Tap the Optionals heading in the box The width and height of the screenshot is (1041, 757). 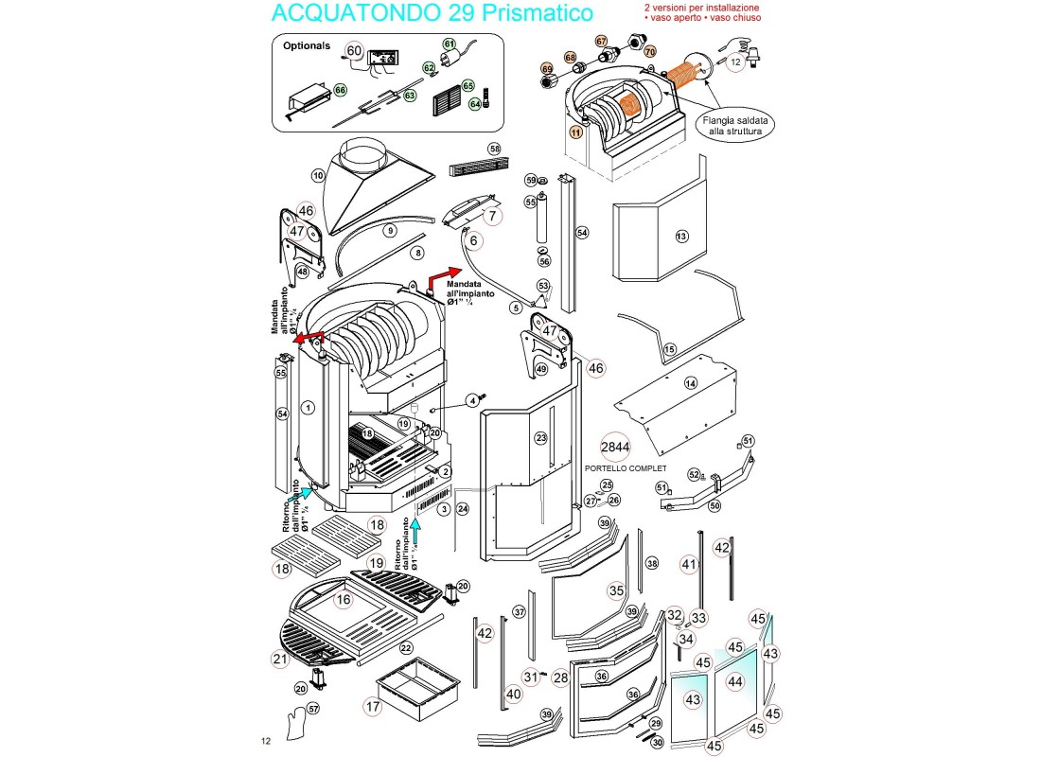(x=307, y=45)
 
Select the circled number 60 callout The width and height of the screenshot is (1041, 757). (x=354, y=51)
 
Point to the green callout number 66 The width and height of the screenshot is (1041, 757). (x=340, y=90)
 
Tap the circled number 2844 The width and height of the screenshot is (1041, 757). (x=615, y=448)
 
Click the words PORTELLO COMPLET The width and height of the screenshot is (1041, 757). (x=626, y=468)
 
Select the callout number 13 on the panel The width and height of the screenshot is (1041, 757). (x=680, y=236)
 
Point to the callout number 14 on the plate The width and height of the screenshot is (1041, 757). (x=690, y=382)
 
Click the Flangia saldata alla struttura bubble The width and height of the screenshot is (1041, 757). (x=734, y=126)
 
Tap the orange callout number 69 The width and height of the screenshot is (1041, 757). (x=547, y=69)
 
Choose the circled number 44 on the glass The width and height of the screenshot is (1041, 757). (x=735, y=681)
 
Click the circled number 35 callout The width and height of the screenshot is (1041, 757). (x=616, y=590)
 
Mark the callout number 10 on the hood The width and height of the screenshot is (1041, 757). (x=318, y=175)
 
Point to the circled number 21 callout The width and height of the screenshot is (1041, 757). (x=279, y=659)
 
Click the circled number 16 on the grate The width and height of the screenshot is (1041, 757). (x=343, y=599)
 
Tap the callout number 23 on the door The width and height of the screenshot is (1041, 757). (x=540, y=438)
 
